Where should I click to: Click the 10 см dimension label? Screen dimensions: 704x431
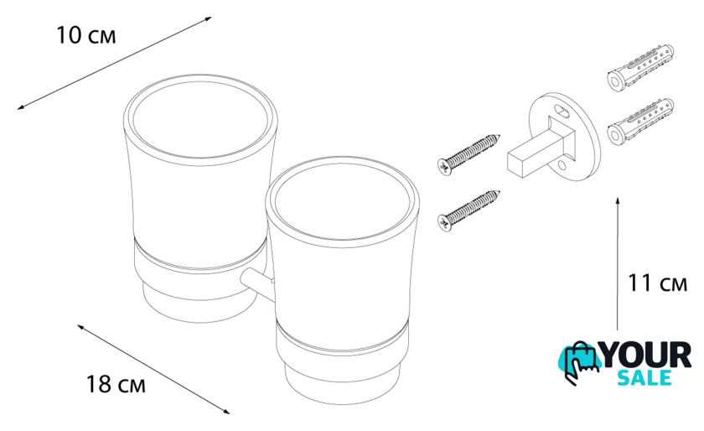pyautogui.click(x=85, y=35)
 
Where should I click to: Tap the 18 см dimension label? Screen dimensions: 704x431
pyautogui.click(x=116, y=384)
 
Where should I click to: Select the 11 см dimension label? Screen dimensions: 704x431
pyautogui.click(x=657, y=283)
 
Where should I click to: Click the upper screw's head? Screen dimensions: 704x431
pyautogui.click(x=444, y=167)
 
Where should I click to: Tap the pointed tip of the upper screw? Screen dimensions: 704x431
pyautogui.click(x=499, y=136)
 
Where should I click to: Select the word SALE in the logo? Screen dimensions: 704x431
pyautogui.click(x=644, y=378)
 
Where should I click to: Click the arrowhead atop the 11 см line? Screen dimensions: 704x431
pyautogui.click(x=619, y=201)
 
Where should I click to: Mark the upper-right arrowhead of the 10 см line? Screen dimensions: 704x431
pyautogui.click(x=208, y=19)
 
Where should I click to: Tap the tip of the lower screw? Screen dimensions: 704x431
pyautogui.click(x=499, y=192)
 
